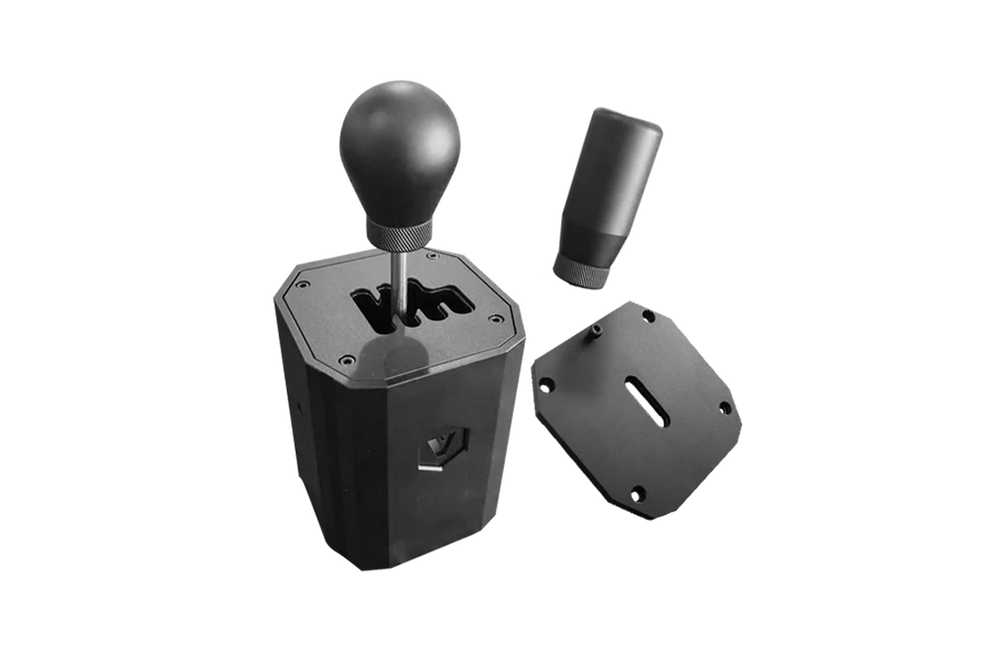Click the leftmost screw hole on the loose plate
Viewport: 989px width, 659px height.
(x=547, y=384)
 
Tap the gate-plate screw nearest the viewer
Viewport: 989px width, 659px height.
(x=344, y=360)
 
